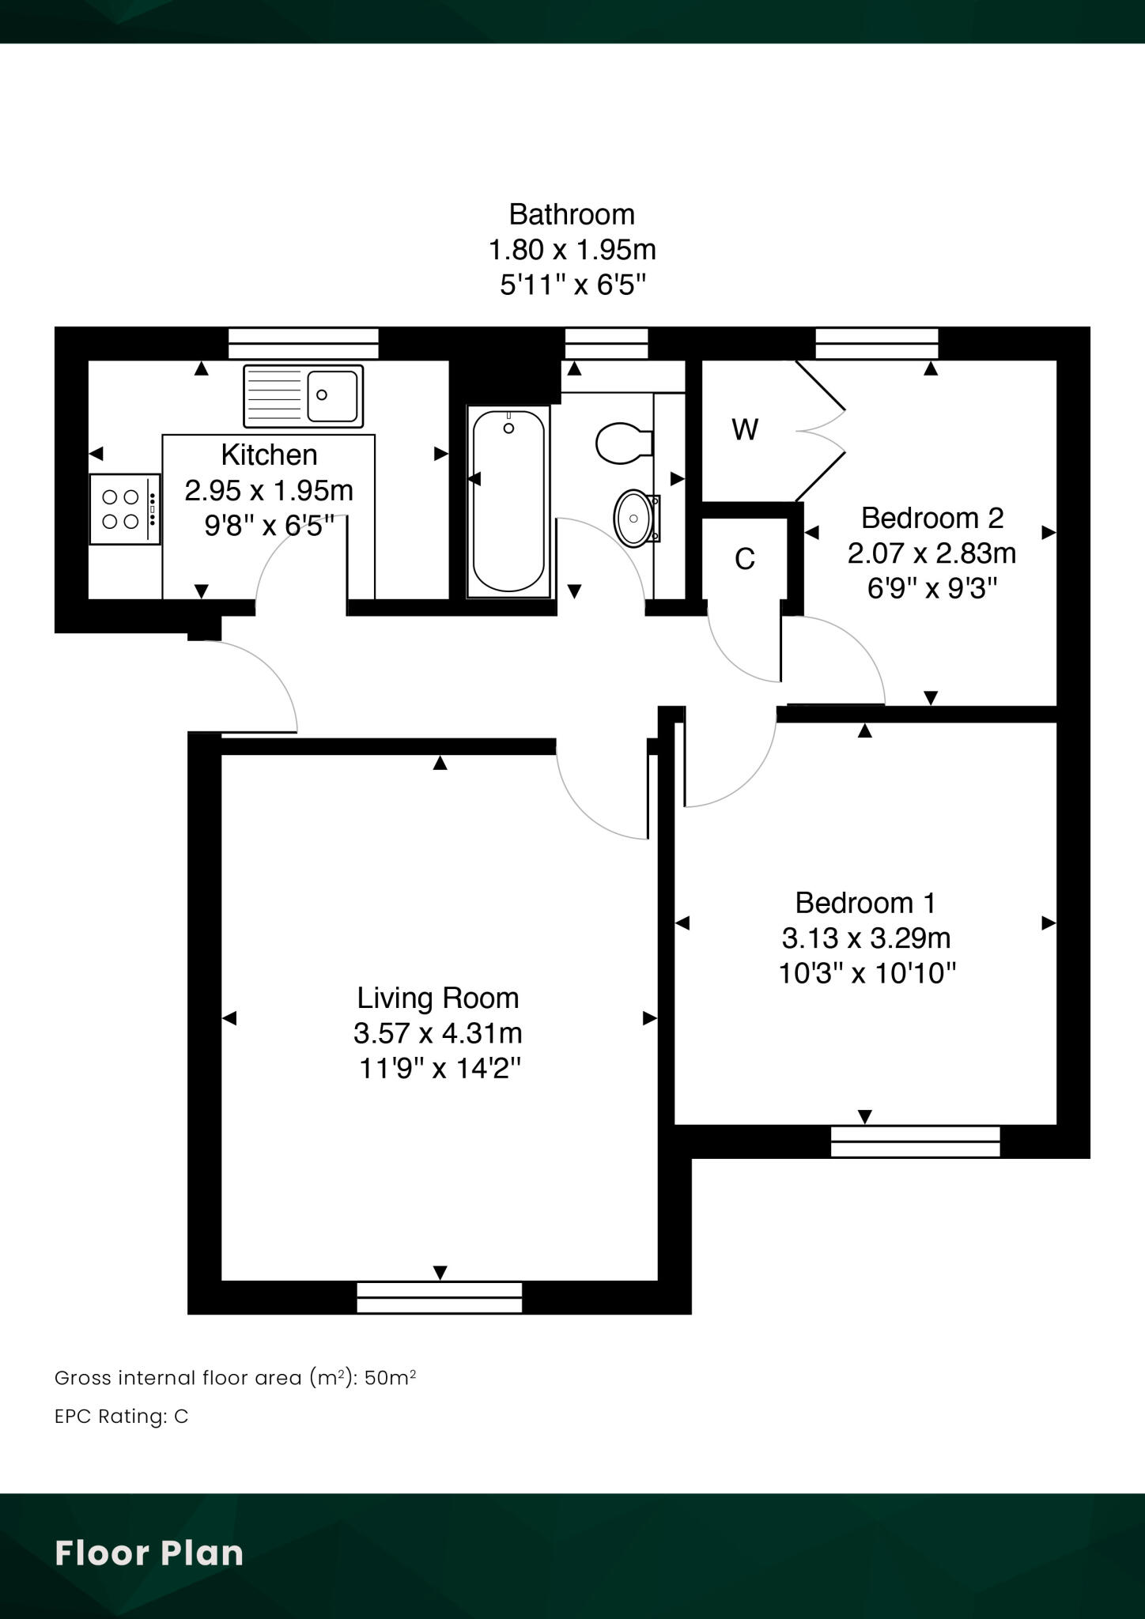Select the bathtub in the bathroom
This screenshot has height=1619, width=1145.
pos(508,501)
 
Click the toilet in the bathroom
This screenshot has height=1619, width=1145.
pos(622,443)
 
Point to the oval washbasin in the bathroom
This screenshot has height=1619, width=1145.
pos(633,519)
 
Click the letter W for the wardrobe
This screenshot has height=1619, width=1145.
pos(745,430)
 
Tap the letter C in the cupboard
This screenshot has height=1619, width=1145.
pos(745,560)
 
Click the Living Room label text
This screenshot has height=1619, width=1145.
pos(437,998)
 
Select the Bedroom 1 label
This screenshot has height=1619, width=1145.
pos(865,902)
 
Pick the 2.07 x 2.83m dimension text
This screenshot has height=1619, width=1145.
pos(931,553)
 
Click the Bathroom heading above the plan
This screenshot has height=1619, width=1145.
pos(571,214)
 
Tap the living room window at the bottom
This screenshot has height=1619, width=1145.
pos(439,1297)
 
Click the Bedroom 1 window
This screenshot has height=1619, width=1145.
pos(915,1142)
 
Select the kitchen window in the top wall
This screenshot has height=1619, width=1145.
pos(303,344)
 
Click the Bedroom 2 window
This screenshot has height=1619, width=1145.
pos(876,344)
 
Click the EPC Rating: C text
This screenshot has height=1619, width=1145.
pos(122,1417)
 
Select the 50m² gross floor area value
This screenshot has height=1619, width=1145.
pos(391,1378)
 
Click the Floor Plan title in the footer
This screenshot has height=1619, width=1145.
pos(149,1553)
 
